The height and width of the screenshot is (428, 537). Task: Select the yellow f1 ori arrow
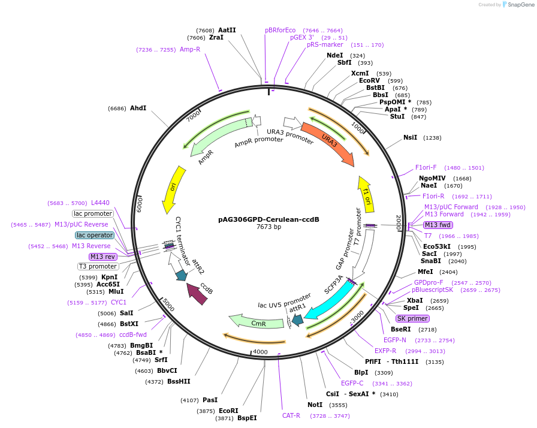pyautogui.click(x=366, y=190)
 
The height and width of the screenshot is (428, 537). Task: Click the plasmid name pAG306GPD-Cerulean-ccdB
pyautogui.click(x=268, y=219)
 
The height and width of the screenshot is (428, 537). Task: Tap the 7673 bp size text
pyautogui.click(x=268, y=227)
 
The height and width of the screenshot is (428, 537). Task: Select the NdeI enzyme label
pyautogui.click(x=334, y=55)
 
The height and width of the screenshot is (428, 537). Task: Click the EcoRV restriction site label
pyautogui.click(x=369, y=80)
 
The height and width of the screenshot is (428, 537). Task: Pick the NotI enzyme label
pyautogui.click(x=315, y=405)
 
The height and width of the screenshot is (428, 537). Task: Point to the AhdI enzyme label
pyautogui.click(x=138, y=108)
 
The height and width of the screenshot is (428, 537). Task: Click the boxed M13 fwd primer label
pyautogui.click(x=437, y=225)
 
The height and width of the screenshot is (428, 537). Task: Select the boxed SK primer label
pyautogui.click(x=412, y=318)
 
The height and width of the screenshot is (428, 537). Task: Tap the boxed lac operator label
pyautogui.click(x=95, y=235)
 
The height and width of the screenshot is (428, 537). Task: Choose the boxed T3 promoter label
pyautogui.click(x=98, y=266)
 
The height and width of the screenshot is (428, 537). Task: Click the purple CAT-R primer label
pyautogui.click(x=291, y=415)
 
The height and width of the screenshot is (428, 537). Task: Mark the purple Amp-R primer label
pyautogui.click(x=190, y=49)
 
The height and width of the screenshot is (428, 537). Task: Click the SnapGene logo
pyautogui.click(x=515, y=5)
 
